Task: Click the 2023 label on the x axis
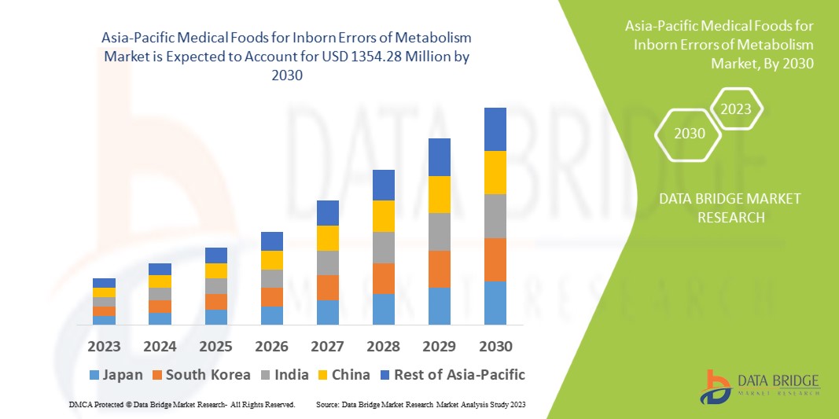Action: (x=104, y=346)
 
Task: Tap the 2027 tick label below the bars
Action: (x=327, y=346)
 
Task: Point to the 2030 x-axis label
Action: (x=495, y=346)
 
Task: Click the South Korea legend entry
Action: (x=201, y=374)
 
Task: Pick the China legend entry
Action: (x=343, y=374)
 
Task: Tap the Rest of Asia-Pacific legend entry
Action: (x=451, y=374)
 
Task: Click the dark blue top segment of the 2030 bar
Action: (x=495, y=129)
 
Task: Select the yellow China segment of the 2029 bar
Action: (x=440, y=194)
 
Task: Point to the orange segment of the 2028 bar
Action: (x=383, y=278)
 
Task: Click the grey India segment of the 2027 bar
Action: (x=327, y=263)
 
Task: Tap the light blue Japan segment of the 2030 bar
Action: (x=495, y=303)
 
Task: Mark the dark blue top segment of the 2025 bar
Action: (x=215, y=255)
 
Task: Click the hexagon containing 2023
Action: (x=736, y=109)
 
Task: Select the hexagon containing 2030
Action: (x=690, y=133)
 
